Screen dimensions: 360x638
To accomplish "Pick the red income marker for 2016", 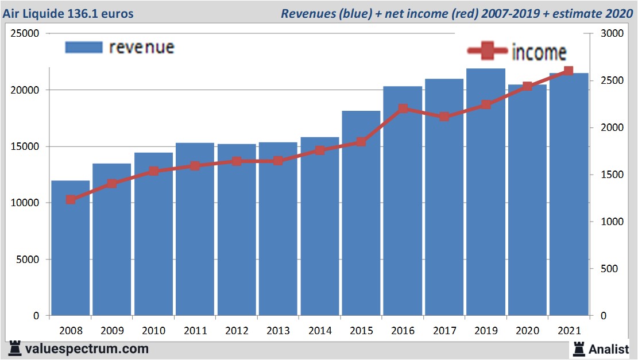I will point(403,109).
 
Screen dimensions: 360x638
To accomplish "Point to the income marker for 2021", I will point(569,71).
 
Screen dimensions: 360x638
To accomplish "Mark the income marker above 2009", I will point(112,184).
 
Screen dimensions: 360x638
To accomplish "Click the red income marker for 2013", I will point(278,161).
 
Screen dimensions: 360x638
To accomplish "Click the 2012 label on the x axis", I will point(237,331).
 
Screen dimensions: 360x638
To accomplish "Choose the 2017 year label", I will point(444,331).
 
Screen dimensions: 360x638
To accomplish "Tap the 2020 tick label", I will point(527,331).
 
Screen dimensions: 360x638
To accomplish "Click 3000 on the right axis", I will point(610,33).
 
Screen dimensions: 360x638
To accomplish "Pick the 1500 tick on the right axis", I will point(610,175).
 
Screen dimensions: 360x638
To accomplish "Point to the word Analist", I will point(609,349).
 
